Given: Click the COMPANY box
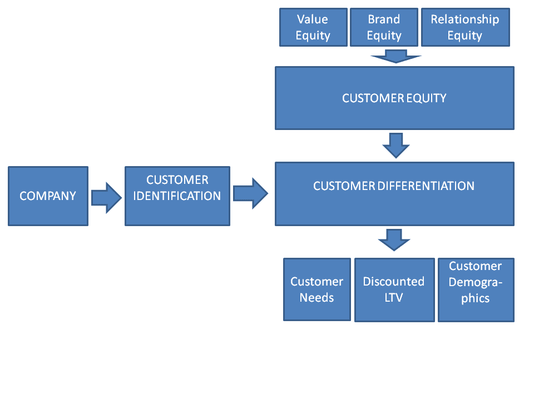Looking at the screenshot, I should (48, 196).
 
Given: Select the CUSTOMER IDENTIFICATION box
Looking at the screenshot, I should (177, 196).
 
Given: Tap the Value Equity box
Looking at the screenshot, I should (313, 27).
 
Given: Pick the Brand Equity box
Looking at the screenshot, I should (384, 27).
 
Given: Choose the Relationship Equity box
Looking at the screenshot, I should (465, 27).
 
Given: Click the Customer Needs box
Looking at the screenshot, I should (317, 289).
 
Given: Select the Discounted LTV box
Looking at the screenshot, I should (394, 289).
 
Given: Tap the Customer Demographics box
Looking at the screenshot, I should (476, 289).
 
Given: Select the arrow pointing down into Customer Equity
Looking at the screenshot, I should (395, 56).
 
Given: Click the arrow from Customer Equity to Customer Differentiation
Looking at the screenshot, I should (395, 145).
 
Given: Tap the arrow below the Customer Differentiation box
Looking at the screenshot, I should (394, 240).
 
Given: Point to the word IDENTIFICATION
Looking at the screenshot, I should (177, 196).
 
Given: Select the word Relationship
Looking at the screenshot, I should (465, 19).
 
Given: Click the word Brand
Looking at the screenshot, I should (384, 19).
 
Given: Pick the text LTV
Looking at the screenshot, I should (394, 298).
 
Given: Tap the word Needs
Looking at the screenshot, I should (317, 298).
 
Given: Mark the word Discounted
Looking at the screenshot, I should (394, 282).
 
